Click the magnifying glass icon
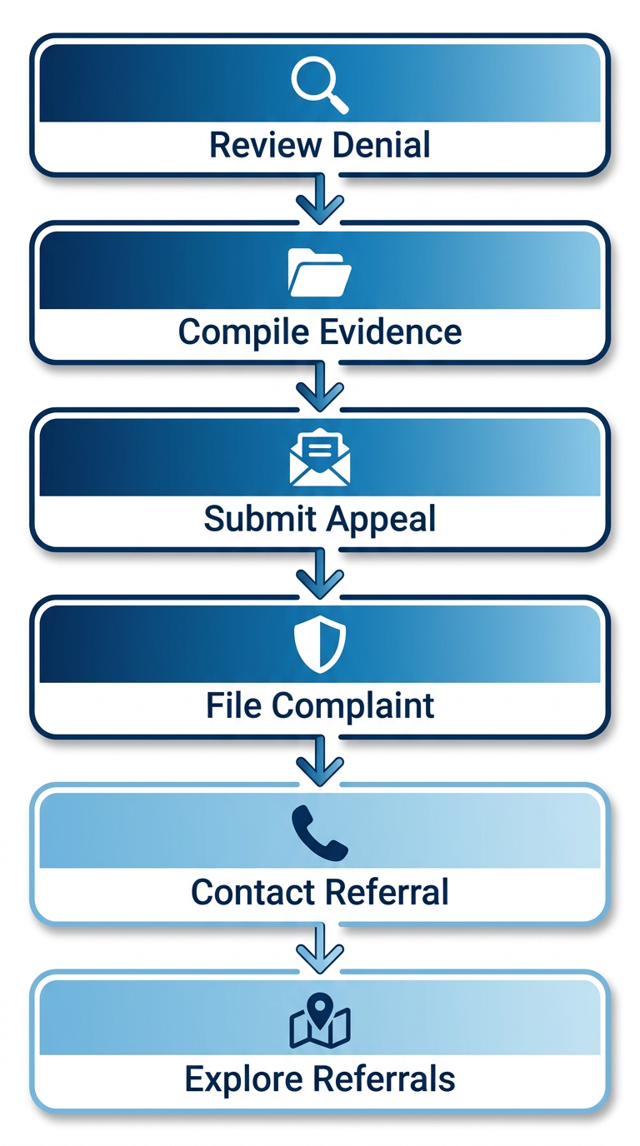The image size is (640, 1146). pyautogui.click(x=319, y=84)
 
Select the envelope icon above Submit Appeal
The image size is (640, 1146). pyautogui.click(x=320, y=457)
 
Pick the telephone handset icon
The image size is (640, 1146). pyautogui.click(x=320, y=832)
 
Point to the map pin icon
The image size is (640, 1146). pyautogui.click(x=320, y=1019)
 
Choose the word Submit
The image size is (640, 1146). pyautogui.click(x=258, y=519)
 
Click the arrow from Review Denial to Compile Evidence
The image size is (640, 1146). pyautogui.click(x=320, y=200)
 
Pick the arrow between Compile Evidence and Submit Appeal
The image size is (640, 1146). pyautogui.click(x=320, y=386)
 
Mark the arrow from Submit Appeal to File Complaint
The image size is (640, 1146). pyautogui.click(x=320, y=574)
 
